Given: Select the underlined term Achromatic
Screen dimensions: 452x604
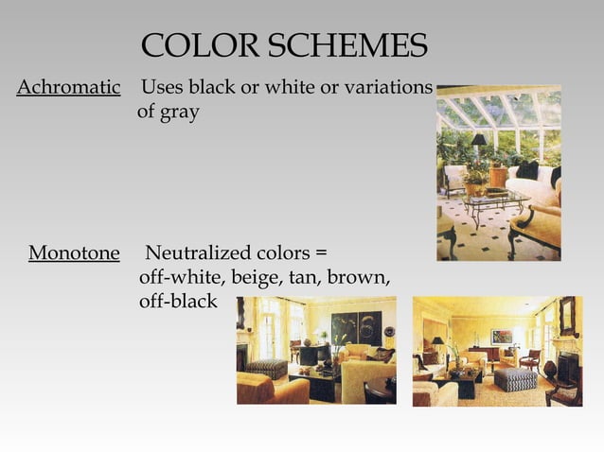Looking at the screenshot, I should (x=69, y=88).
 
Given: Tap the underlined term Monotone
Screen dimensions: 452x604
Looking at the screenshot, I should (x=74, y=253).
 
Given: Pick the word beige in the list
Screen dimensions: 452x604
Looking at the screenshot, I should (x=246, y=278).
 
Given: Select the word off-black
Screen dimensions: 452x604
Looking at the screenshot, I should (x=177, y=302).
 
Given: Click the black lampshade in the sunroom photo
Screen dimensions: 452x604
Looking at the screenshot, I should (x=479, y=140).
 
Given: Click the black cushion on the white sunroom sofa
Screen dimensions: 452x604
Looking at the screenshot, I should (x=527, y=170).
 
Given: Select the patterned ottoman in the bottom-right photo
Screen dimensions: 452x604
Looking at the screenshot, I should (x=515, y=379).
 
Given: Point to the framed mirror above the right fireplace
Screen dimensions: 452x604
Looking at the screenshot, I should (x=567, y=316).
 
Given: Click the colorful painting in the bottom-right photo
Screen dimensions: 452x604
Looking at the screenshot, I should (x=502, y=336).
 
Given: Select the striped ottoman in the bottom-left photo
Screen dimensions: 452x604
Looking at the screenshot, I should (x=266, y=368).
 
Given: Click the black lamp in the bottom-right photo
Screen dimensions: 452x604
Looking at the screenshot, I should (x=437, y=344).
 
